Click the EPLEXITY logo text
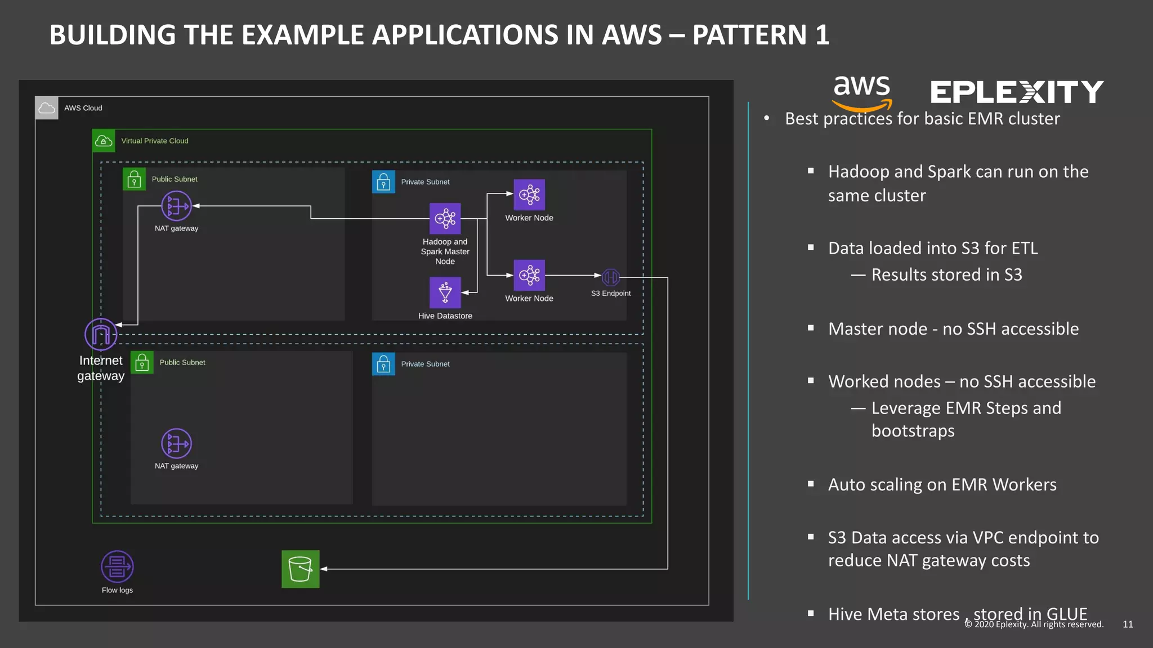click(1016, 92)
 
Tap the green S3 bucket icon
click(300, 569)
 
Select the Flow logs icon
click(117, 566)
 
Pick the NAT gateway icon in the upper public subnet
click(176, 206)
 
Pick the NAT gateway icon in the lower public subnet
click(176, 444)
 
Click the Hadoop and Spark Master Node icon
click(445, 218)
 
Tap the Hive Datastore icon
click(445, 292)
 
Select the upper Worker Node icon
click(529, 195)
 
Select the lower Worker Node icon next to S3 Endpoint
click(529, 275)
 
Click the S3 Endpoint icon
click(611, 277)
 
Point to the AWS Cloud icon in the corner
click(47, 108)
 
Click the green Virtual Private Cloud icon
click(104, 141)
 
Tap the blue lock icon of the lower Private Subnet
click(383, 364)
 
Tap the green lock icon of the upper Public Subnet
click(134, 179)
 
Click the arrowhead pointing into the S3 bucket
click(324, 569)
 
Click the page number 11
click(1128, 624)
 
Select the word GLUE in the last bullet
click(1066, 614)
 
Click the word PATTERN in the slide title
click(749, 35)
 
